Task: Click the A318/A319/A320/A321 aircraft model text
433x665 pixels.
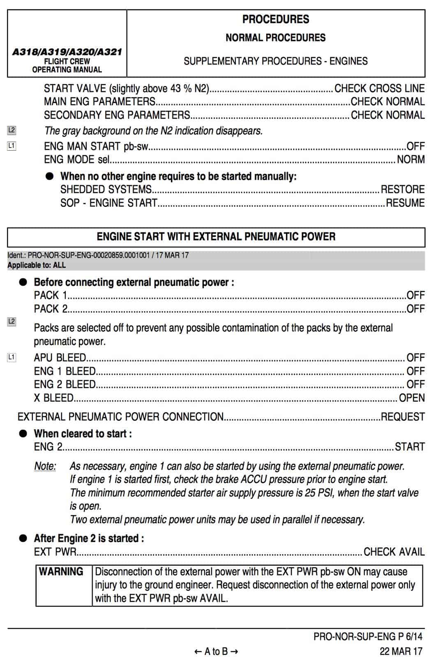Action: [x=67, y=52]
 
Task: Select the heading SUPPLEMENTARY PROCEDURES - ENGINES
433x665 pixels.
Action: [x=276, y=61]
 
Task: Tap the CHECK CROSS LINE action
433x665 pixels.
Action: [x=379, y=88]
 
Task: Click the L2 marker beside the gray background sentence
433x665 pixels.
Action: [x=12, y=131]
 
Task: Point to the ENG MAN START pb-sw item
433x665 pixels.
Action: [x=96, y=146]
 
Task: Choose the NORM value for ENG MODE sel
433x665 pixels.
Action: [x=410, y=159]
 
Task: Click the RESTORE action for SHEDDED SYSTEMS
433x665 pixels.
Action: [x=403, y=189]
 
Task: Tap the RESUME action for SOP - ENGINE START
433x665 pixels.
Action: [x=405, y=203]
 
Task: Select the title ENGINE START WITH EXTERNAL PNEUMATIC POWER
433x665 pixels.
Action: [x=216, y=236]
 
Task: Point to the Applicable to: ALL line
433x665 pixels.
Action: [x=37, y=265]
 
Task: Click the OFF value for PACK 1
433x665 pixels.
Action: [x=415, y=295]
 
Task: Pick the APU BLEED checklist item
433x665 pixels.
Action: [x=60, y=358]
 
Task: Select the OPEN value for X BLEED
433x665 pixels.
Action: [x=412, y=398]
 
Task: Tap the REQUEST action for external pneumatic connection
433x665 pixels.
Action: [x=403, y=417]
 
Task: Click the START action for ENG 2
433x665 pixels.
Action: [x=410, y=447]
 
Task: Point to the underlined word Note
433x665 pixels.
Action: [x=45, y=466]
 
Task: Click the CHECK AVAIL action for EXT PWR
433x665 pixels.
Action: [x=394, y=552]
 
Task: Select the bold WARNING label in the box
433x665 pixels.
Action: [x=61, y=571]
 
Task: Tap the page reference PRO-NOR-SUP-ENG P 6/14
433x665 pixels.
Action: [x=368, y=637]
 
